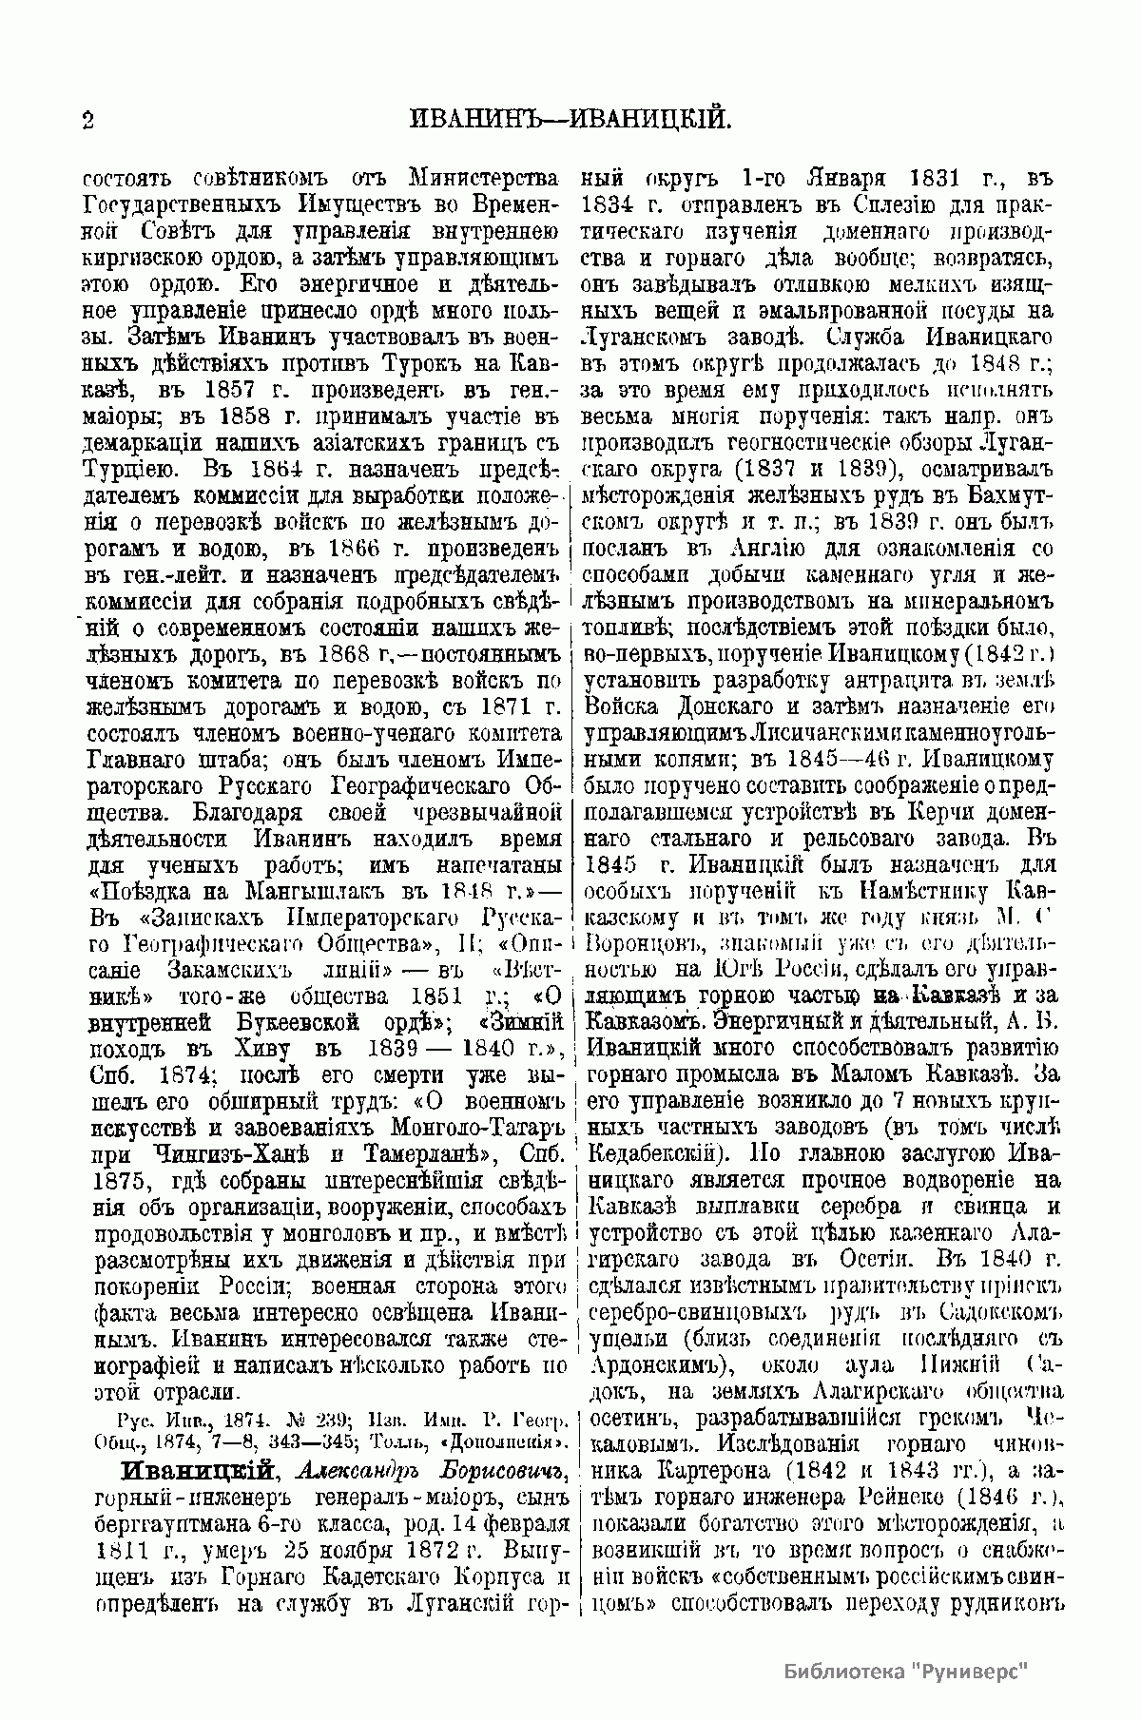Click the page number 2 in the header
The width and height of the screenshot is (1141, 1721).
click(x=87, y=119)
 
